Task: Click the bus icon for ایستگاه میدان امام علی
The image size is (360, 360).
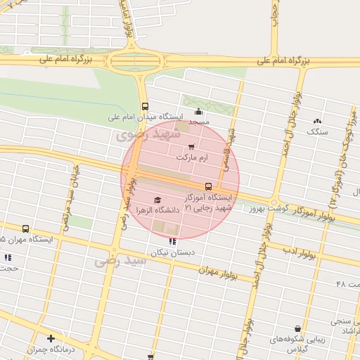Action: (x=145, y=106)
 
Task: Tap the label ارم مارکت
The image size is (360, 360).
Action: (x=195, y=159)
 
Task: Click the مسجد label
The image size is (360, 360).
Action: (x=198, y=122)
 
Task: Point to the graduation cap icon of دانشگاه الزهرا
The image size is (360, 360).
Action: (x=157, y=200)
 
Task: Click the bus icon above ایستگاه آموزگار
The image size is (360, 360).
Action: (x=208, y=186)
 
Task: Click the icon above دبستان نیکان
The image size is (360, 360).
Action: (x=173, y=241)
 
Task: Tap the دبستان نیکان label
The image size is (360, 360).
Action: (x=172, y=252)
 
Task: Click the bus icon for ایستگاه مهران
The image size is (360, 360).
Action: (x=26, y=229)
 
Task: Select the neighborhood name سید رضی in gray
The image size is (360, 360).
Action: (x=120, y=262)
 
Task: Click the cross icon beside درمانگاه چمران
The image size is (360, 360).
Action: (x=51, y=338)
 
